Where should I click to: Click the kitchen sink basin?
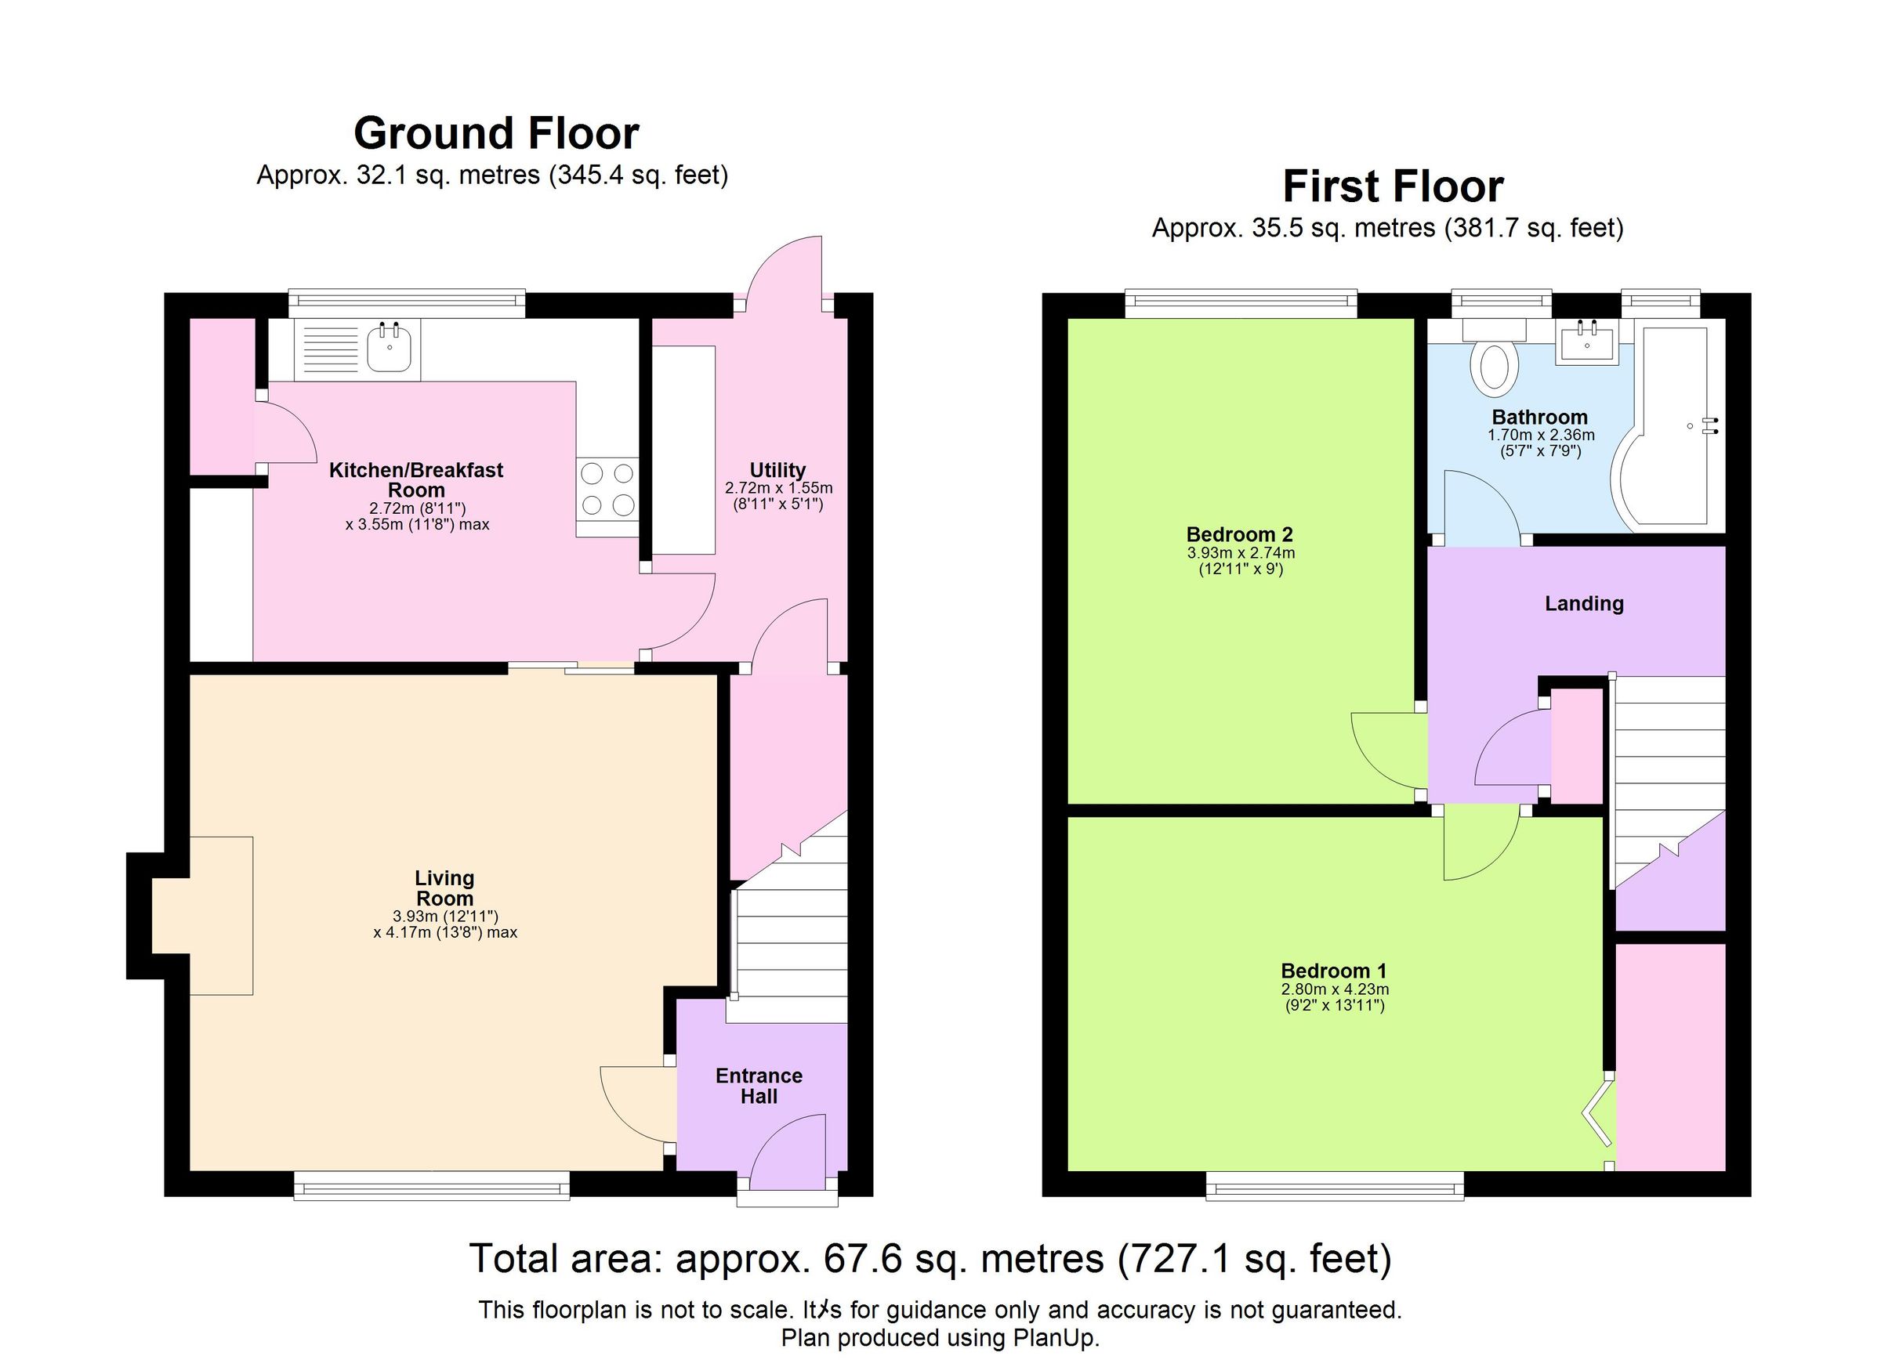389,347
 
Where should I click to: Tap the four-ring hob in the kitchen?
607,489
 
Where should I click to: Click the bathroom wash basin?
1586,344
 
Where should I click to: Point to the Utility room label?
777,470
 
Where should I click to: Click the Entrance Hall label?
758,1086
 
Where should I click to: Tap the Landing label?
1583,603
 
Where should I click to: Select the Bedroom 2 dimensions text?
1240,561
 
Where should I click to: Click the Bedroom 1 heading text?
1334,971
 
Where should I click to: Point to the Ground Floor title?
496,133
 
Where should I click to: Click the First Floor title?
1393,186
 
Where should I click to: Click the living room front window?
431,1185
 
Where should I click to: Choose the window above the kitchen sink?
407,303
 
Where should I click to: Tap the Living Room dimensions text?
444,924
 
